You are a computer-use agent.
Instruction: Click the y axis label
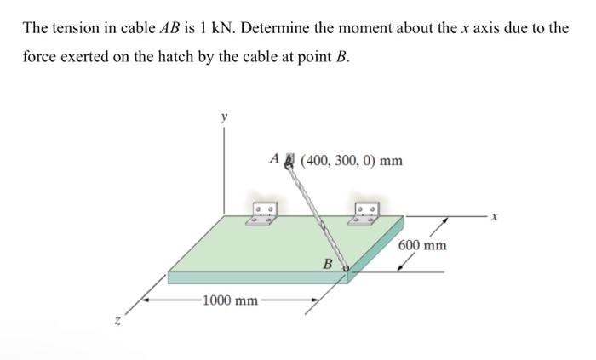click(x=224, y=119)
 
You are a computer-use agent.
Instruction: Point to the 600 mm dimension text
click(x=422, y=245)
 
